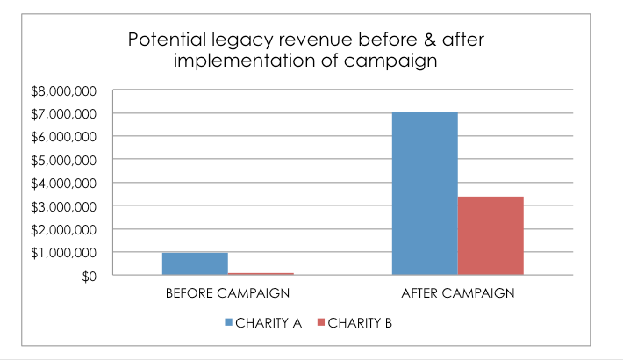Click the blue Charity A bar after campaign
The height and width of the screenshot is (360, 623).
pyautogui.click(x=425, y=193)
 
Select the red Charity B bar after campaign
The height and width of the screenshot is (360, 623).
pyautogui.click(x=491, y=235)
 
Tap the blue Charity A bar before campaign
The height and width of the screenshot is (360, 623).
pyautogui.click(x=195, y=263)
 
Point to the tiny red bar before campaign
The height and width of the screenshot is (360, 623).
pyautogui.click(x=261, y=273)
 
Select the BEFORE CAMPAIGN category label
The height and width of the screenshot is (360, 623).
pyautogui.click(x=227, y=292)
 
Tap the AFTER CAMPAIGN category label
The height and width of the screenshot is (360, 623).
pyautogui.click(x=457, y=292)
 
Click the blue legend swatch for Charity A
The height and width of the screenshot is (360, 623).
pyautogui.click(x=229, y=322)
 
